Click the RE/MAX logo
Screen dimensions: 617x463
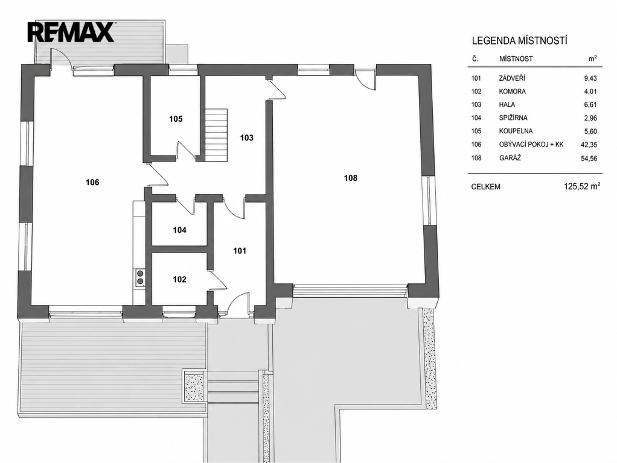(71, 32)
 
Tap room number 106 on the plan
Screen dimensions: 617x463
(92, 182)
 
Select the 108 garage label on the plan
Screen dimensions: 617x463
(351, 178)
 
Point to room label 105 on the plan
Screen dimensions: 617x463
(176, 119)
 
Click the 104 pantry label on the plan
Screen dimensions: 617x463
(179, 230)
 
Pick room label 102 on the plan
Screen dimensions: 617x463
(179, 280)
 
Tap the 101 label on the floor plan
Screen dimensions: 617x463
(240, 251)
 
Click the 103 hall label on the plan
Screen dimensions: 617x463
(247, 137)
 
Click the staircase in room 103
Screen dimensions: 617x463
(216, 134)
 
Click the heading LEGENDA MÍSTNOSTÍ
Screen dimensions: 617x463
(519, 40)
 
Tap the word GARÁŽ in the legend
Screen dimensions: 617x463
(510, 158)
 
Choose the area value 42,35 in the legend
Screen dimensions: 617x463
(589, 145)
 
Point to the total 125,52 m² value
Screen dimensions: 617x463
(582, 186)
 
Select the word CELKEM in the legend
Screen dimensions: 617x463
(485, 187)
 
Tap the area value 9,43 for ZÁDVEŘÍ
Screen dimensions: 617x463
(590, 78)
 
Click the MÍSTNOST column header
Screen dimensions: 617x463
(516, 59)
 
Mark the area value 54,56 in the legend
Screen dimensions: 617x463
(589, 159)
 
